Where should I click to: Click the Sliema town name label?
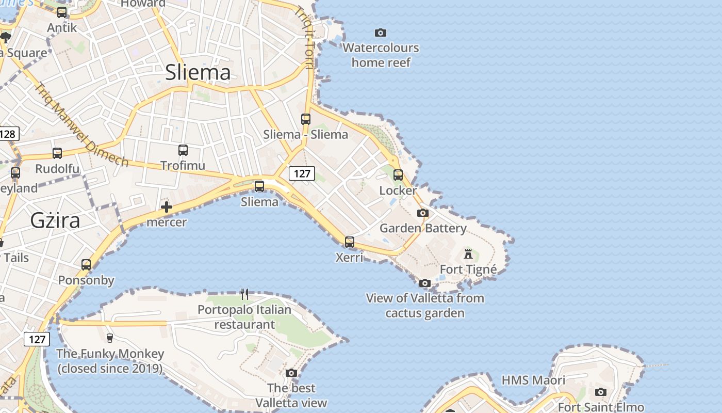[x=198, y=72]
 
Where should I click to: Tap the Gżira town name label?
[x=55, y=220]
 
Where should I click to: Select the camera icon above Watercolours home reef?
[x=381, y=33]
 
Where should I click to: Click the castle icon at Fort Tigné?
[x=468, y=253]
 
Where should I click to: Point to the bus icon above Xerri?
[x=350, y=242]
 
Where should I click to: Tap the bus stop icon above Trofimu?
[x=183, y=150]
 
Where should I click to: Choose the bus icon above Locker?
[x=398, y=175]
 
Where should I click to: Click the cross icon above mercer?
[x=166, y=208]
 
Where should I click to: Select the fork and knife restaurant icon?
[x=244, y=294]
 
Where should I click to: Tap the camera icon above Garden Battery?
[x=423, y=213]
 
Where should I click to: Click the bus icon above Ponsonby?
[x=86, y=265]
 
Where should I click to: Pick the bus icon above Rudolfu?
[x=57, y=153]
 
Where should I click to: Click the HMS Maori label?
[x=533, y=380]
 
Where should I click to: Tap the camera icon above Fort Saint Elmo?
[x=600, y=392]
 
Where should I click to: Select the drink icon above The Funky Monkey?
[x=109, y=338]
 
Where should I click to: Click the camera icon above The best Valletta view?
[x=291, y=373]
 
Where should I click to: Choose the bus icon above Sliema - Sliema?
[x=306, y=119]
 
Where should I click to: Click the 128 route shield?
[x=8, y=134]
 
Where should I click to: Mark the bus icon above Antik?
[x=62, y=12]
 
